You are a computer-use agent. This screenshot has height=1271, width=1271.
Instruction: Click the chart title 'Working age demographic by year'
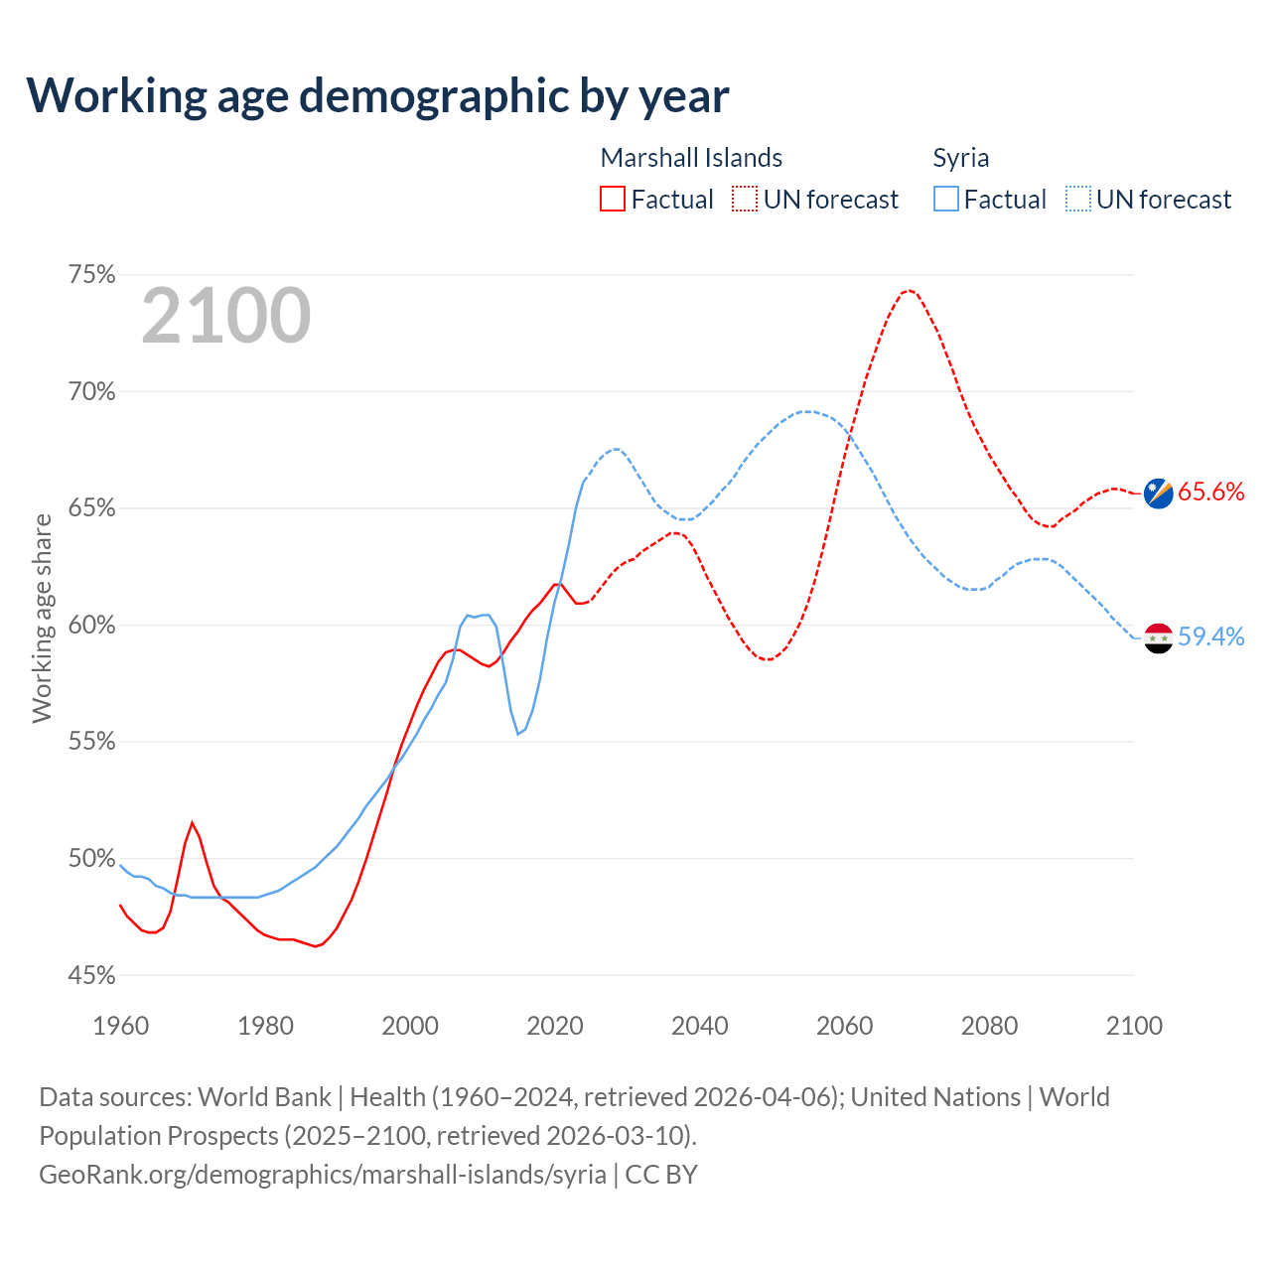377,95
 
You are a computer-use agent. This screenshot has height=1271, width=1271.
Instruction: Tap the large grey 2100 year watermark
226,316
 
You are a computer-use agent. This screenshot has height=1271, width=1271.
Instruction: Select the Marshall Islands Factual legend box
613,200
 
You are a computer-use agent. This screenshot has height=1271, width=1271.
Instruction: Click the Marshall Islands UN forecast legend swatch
745,200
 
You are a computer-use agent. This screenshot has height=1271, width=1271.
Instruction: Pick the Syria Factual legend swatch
946,200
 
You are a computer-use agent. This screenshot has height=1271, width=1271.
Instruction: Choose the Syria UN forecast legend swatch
1078,200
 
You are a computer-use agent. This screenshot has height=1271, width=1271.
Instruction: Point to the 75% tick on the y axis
92,275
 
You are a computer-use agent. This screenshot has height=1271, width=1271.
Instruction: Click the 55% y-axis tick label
92,742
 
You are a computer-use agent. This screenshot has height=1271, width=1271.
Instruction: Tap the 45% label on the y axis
92,975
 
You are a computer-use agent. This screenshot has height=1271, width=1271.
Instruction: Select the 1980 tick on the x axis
265,1026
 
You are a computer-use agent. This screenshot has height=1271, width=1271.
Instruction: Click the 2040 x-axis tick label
700,1026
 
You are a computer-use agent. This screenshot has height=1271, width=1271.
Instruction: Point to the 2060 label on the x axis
845,1026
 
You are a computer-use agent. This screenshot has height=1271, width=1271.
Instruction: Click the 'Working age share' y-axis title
42,618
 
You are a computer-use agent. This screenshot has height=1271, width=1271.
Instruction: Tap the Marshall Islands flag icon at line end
1159,493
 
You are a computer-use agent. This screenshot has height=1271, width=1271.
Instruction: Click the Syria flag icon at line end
1159,637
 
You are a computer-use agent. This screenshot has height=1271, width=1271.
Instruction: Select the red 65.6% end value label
1211,493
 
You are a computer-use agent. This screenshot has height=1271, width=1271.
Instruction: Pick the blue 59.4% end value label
1211,637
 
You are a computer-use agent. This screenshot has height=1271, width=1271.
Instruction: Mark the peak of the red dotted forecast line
909,290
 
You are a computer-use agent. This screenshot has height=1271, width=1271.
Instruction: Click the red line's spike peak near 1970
193,822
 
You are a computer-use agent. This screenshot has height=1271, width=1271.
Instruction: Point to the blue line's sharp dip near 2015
518,734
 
